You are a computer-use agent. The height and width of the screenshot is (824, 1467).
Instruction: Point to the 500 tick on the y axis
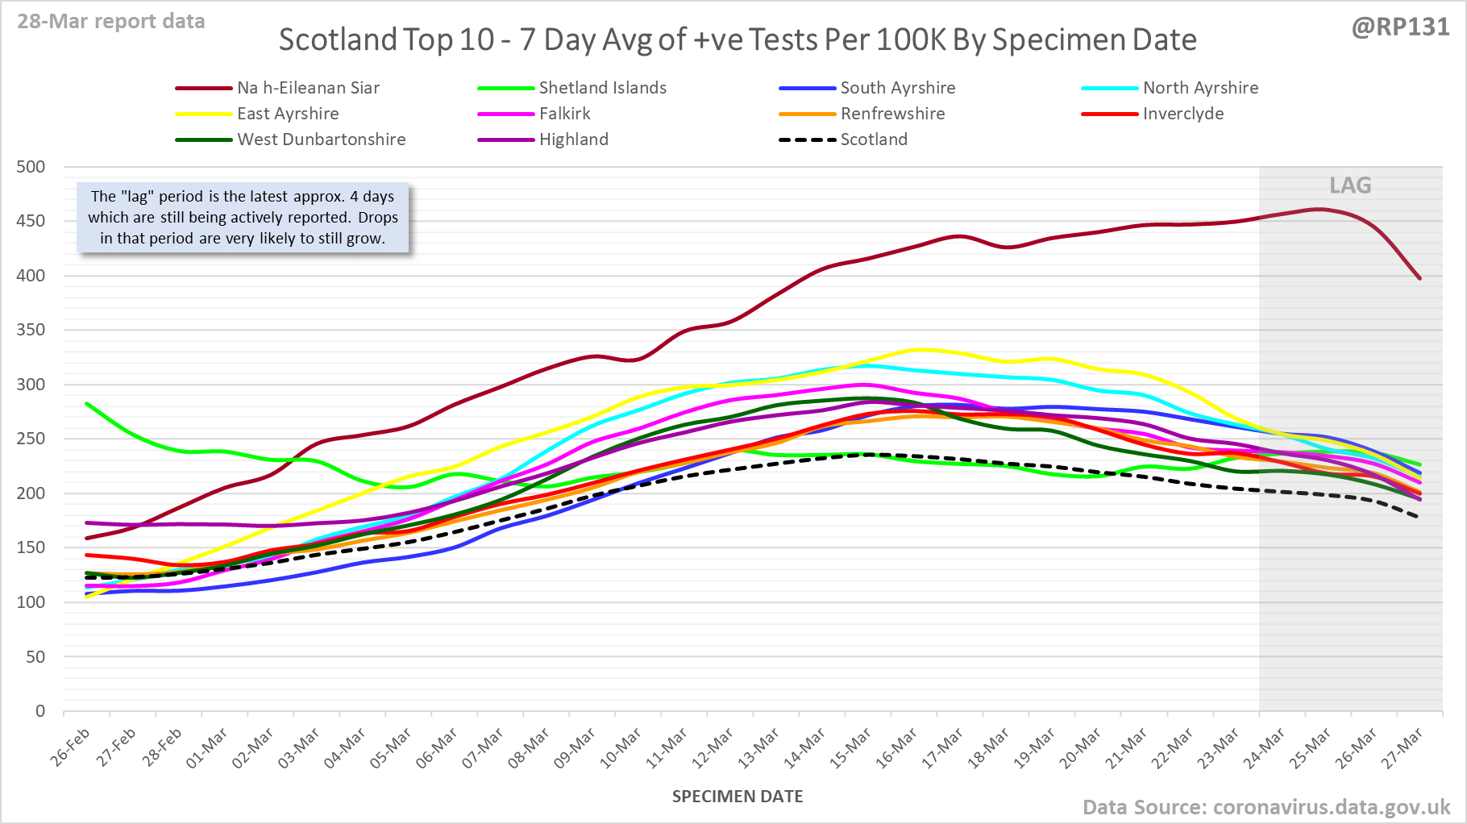[x=31, y=167]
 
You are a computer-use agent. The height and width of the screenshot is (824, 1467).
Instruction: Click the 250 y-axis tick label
[x=31, y=439]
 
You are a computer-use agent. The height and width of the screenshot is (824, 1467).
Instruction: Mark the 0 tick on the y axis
[x=39, y=711]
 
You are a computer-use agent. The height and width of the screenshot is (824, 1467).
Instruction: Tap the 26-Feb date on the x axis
[x=71, y=747]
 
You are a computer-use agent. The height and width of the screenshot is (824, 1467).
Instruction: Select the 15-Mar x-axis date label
[x=852, y=747]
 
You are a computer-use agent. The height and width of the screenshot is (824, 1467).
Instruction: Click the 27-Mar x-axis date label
[x=1403, y=747]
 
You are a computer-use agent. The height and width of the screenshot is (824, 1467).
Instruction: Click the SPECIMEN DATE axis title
[x=738, y=797]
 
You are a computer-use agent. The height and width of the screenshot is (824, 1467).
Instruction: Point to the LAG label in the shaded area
[x=1350, y=185]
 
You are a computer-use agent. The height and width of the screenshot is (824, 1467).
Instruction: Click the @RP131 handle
[x=1400, y=27]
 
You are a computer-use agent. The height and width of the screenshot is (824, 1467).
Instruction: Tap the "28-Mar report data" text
[x=111, y=21]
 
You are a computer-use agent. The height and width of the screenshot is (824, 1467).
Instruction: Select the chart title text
[x=738, y=40]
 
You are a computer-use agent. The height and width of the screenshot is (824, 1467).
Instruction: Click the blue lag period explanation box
[x=243, y=218]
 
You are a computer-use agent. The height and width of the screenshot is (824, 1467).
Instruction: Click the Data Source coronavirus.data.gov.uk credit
[x=1265, y=807]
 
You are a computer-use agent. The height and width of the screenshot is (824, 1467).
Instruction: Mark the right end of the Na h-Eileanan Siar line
[x=1419, y=279]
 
